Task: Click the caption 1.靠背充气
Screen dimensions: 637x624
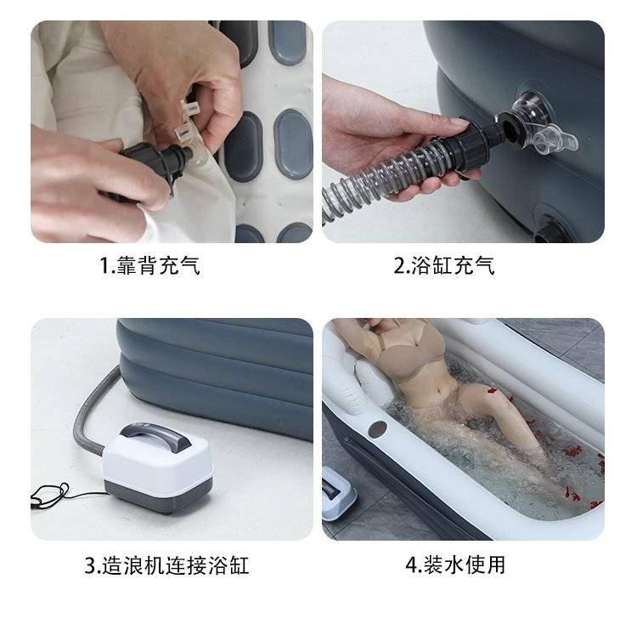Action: (149, 266)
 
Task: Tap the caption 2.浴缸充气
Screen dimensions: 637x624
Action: (444, 266)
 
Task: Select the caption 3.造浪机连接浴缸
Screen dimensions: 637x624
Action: (166, 565)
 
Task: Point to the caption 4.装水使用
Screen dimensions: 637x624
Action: (455, 565)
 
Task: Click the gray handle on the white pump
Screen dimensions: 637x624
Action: (154, 436)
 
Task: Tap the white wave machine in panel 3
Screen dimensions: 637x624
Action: (156, 468)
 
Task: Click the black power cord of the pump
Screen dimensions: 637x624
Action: (61, 494)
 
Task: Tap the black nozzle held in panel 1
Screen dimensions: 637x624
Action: (159, 162)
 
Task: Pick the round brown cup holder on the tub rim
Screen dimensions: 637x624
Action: (377, 428)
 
